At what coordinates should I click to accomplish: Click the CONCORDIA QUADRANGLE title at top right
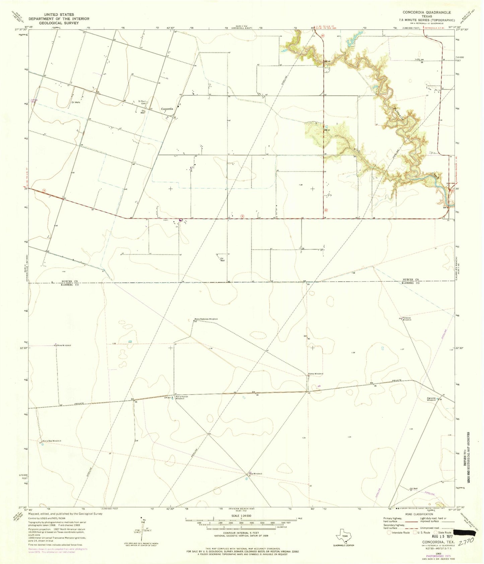[427, 12]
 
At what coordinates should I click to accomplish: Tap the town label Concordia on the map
[167, 109]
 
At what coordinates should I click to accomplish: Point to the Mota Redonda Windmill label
[206, 319]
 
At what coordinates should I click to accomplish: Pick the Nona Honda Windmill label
[183, 398]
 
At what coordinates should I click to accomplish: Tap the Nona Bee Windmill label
[52, 441]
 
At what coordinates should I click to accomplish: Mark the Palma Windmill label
[316, 374]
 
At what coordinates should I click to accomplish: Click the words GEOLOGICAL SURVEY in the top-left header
[59, 23]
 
